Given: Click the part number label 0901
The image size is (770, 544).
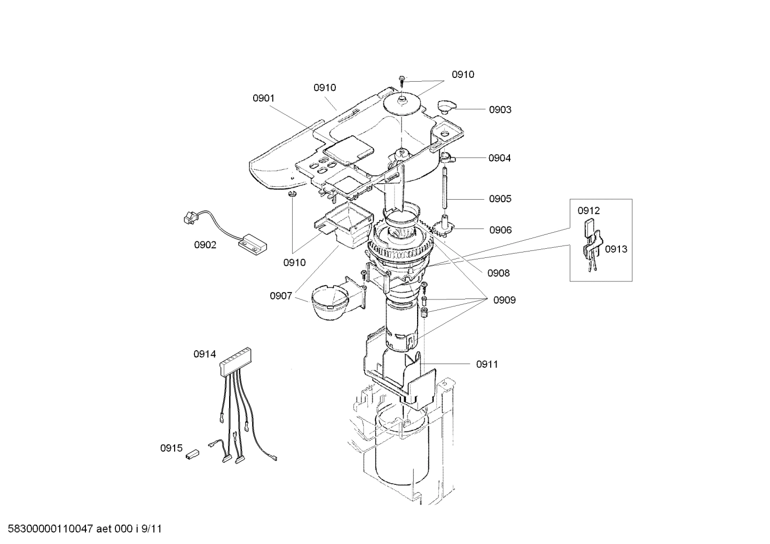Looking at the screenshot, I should point(263,98).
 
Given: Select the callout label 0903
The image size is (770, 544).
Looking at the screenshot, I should point(500,110).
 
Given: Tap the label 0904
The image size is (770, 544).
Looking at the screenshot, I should point(499,158).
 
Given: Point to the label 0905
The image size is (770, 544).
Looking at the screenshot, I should point(500,199).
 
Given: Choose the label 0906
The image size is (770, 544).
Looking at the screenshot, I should point(500,230).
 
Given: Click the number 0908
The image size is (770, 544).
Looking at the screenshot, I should point(498,273).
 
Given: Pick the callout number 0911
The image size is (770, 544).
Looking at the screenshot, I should point(487,364).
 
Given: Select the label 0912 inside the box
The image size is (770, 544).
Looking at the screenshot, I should point(588,211).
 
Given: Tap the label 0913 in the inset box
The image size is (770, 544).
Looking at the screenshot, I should point(616,249).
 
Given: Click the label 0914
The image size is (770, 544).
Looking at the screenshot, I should point(205,353).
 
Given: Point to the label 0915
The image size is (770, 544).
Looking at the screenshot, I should point(171,448).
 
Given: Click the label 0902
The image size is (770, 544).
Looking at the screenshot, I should point(205,245).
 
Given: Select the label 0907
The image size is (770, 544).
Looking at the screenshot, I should point(281,296).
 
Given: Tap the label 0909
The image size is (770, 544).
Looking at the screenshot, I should point(504,300).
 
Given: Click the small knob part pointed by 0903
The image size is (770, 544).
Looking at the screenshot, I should point(445,105).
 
